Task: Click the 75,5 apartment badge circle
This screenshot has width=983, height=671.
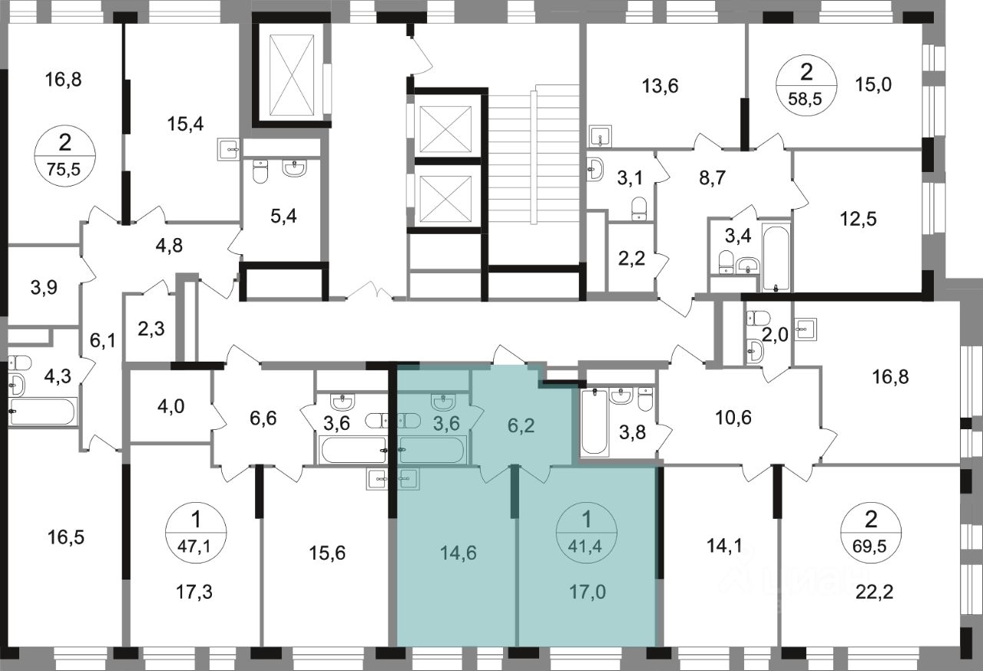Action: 65,156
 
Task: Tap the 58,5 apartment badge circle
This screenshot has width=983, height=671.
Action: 806,85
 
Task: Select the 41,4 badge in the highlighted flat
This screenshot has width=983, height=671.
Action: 586,532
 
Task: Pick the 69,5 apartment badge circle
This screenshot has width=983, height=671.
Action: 871,532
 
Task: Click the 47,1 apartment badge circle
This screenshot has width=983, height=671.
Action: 196,532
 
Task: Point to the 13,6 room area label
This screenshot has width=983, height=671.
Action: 660,86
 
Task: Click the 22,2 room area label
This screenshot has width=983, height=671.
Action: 875,592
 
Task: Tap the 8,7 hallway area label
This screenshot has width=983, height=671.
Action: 712,178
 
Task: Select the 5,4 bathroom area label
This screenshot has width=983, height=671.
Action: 283,216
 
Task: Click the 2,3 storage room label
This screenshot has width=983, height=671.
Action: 151,329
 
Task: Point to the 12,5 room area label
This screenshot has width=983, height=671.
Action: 859,218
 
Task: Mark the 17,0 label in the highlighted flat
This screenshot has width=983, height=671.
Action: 587,592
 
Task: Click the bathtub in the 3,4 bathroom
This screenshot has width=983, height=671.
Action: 776,257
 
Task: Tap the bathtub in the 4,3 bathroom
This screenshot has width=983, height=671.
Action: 42,412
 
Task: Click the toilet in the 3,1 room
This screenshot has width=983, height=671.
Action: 639,209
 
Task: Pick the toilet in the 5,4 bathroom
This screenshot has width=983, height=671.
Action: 260,171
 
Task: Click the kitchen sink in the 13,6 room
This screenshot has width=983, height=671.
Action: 601,137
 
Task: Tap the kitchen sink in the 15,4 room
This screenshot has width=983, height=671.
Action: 229,150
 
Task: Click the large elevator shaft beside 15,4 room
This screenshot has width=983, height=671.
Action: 292,75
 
